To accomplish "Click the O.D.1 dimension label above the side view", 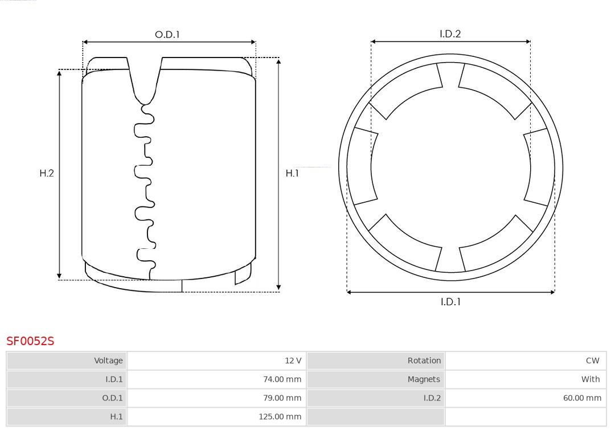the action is click(x=167, y=35).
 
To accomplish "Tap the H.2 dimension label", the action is click(x=47, y=173).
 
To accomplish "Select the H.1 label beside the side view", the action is click(x=292, y=173).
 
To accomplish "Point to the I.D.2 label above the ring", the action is click(x=450, y=34).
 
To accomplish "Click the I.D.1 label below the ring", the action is click(x=450, y=302).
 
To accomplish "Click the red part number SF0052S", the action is click(x=30, y=341).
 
